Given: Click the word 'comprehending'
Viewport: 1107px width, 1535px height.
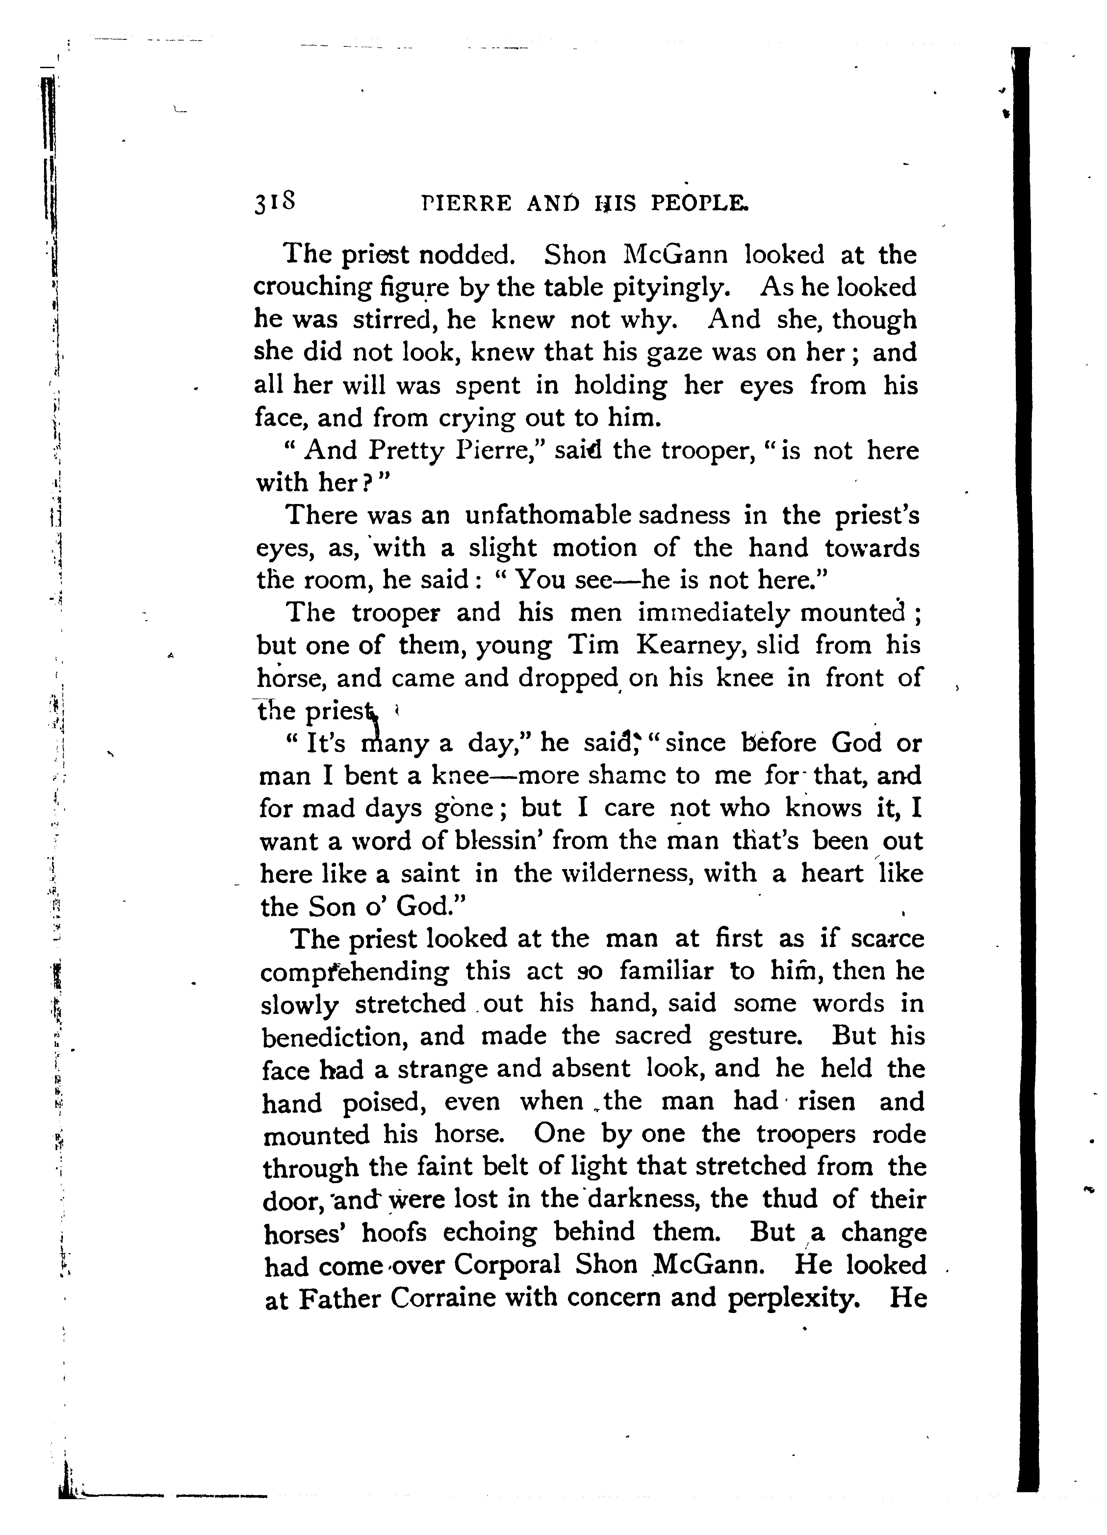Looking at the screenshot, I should click(x=354, y=972).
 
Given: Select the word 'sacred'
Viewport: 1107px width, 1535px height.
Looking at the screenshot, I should click(x=653, y=1037).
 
